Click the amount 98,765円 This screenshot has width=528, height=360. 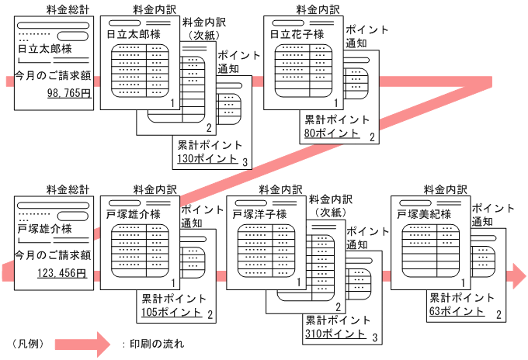coord(69,93)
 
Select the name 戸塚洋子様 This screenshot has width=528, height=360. coord(259,213)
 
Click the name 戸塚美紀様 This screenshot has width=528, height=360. coord(424,213)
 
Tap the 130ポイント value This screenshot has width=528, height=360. coord(207,158)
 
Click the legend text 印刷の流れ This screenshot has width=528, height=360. coord(158,342)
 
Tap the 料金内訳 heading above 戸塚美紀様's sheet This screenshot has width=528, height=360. coord(445,189)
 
